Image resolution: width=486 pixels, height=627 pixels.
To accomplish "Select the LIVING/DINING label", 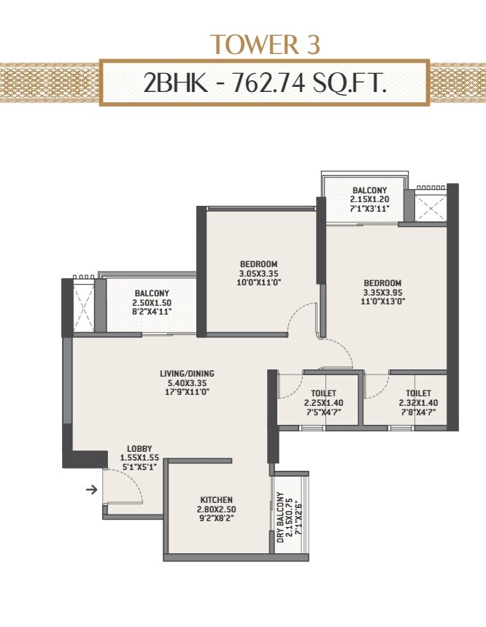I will tap(187, 374).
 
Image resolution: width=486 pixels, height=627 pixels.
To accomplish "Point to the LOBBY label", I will tap(139, 448).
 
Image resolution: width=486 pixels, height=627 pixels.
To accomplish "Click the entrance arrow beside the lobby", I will tap(91, 489).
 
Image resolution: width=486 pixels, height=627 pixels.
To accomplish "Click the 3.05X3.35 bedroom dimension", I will tap(259, 274).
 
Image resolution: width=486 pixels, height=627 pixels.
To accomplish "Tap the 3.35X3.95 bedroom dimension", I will tap(382, 293).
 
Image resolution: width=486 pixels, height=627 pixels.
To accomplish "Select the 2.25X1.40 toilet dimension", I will tap(318, 402).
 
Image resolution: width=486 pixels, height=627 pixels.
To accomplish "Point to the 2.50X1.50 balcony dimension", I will tap(152, 304).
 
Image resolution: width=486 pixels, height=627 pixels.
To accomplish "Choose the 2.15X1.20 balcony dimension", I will tap(369, 199).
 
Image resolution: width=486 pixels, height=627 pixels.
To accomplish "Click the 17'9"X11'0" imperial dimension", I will tap(187, 392).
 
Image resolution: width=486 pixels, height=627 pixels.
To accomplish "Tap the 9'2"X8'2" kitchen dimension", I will tap(216, 518).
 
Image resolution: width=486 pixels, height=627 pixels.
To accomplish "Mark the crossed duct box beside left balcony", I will tap(84, 307).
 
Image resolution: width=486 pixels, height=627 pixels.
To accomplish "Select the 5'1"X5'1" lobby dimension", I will tap(139, 467).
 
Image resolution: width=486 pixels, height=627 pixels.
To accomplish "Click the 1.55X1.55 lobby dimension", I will tap(139, 458).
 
